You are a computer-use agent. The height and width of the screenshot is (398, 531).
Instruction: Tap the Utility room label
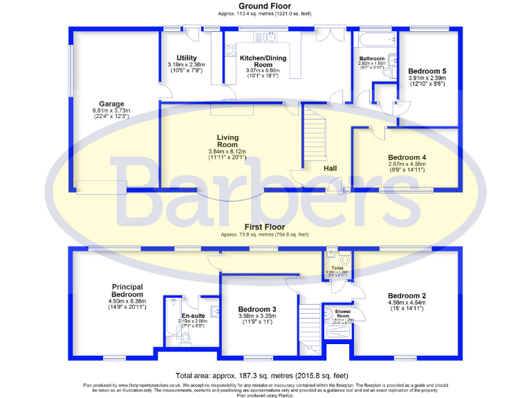[187, 58]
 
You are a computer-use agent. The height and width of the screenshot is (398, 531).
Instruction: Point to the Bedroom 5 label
[427, 70]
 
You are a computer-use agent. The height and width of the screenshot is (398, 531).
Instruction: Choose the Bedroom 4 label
[407, 157]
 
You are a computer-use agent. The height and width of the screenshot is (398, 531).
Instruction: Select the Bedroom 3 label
[257, 309]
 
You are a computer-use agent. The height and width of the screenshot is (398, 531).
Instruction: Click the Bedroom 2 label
[407, 296]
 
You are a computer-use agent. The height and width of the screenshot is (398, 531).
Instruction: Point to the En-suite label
[183, 315]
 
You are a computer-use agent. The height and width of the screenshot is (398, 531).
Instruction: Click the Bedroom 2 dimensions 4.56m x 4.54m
[407, 304]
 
